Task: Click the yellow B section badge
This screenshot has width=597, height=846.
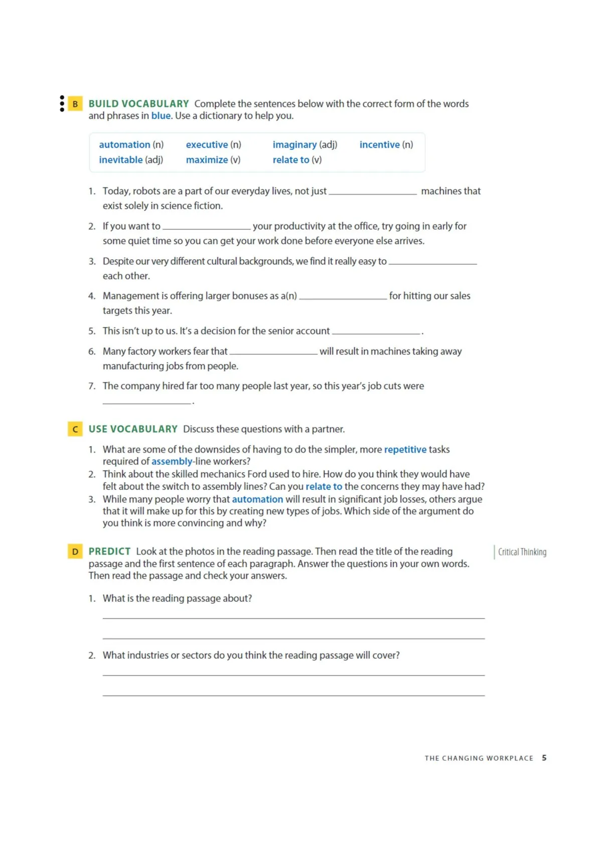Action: pyautogui.click(x=75, y=104)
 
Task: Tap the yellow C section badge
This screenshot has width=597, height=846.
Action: pyautogui.click(x=75, y=429)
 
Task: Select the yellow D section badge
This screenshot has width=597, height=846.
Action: pyautogui.click(x=75, y=552)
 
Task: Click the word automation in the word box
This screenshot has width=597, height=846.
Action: pyautogui.click(x=124, y=145)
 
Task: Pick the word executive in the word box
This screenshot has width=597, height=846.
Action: pyautogui.click(x=207, y=145)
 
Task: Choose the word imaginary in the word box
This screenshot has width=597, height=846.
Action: pyautogui.click(x=294, y=145)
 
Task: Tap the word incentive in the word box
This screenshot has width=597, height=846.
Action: pyautogui.click(x=379, y=145)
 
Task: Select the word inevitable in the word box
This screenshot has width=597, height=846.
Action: pyautogui.click(x=120, y=160)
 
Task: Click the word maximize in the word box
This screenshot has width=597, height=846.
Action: pyautogui.click(x=207, y=160)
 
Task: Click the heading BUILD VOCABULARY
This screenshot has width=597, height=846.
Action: pyautogui.click(x=138, y=104)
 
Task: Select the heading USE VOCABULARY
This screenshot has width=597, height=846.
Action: pyautogui.click(x=133, y=429)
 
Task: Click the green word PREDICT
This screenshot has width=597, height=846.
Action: pyautogui.click(x=109, y=552)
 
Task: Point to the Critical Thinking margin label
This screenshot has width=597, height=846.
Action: pyautogui.click(x=522, y=552)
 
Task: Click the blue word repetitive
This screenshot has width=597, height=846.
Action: pyautogui.click(x=405, y=450)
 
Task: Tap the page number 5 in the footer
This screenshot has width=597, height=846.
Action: pyautogui.click(x=544, y=758)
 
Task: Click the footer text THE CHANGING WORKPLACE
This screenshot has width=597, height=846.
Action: pyautogui.click(x=479, y=758)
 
